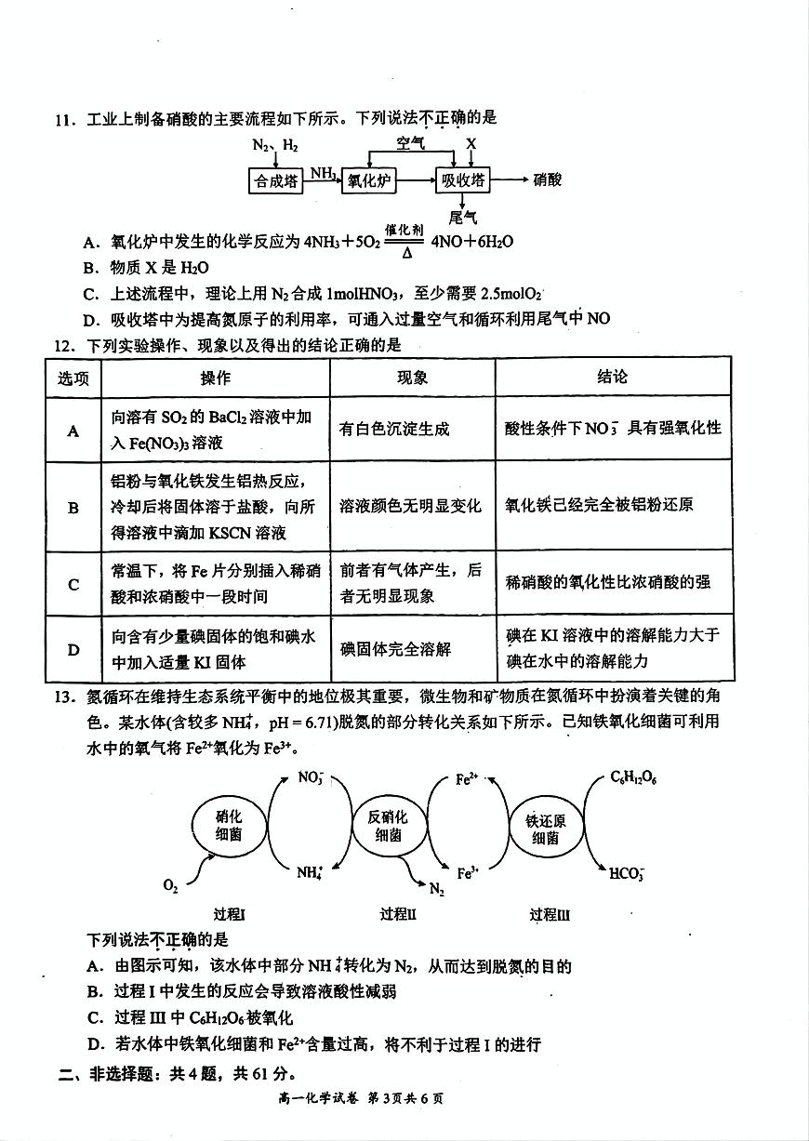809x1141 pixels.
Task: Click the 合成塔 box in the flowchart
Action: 277,181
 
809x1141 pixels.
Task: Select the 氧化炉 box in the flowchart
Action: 368,181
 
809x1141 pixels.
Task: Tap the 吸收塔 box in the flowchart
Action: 462,181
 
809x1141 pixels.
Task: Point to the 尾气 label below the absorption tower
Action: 463,218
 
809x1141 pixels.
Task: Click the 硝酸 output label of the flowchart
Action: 548,180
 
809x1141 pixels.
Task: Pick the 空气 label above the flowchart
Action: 410,144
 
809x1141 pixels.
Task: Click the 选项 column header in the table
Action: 73,378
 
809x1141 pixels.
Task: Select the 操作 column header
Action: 216,378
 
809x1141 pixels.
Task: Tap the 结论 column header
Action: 613,377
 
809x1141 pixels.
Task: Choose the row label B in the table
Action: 73,508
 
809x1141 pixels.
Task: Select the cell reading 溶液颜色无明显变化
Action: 411,506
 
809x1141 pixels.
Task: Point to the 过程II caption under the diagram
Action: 398,914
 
